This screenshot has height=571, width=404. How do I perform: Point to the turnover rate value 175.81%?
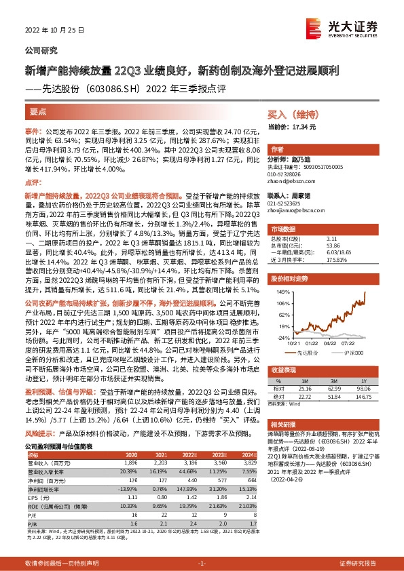[337, 260]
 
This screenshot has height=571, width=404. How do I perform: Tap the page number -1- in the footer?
[202, 564]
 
